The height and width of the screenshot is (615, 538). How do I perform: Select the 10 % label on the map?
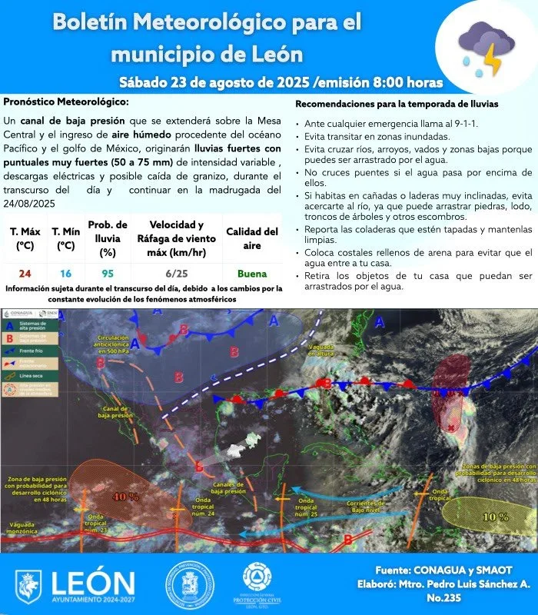495,517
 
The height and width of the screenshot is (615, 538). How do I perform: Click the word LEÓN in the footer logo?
92,583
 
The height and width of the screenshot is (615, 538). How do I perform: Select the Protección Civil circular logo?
261,583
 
